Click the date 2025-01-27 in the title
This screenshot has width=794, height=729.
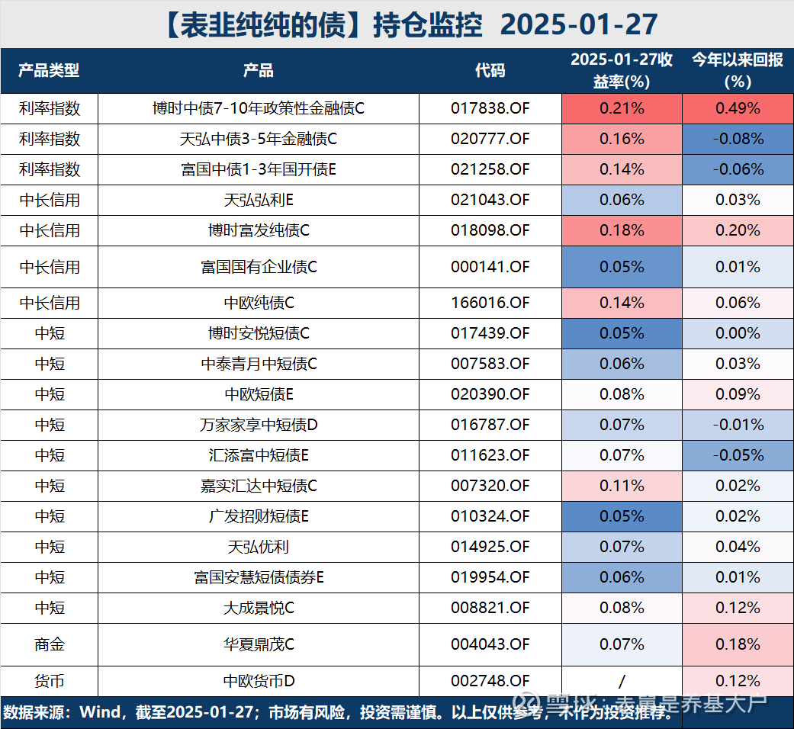pos(580,24)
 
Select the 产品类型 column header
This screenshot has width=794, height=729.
pos(49,71)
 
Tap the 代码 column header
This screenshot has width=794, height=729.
pos(490,71)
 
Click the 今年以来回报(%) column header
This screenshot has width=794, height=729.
pos(737,71)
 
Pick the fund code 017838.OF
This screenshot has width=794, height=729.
pos(490,108)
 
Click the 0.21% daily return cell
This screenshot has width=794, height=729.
pos(622,108)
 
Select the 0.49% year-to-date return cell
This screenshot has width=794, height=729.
pos(737,108)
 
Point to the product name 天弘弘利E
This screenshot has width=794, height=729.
pos(259,200)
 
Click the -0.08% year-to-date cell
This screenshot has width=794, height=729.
pos(737,139)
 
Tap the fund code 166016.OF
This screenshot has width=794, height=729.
pos(490,303)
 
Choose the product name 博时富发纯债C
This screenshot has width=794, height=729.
pos(259,230)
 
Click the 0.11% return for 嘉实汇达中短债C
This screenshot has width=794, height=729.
pos(622,486)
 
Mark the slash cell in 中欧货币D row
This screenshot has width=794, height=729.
pos(622,680)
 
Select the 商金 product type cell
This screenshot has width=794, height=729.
pos(49,644)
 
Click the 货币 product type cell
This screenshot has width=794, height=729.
pos(49,680)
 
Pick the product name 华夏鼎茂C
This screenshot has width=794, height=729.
pos(259,644)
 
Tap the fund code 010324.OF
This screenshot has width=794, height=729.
pos(490,516)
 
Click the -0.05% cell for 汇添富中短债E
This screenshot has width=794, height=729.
pos(737,455)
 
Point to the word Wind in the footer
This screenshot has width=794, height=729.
pos(100,713)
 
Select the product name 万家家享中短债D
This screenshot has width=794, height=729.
pos(259,425)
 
